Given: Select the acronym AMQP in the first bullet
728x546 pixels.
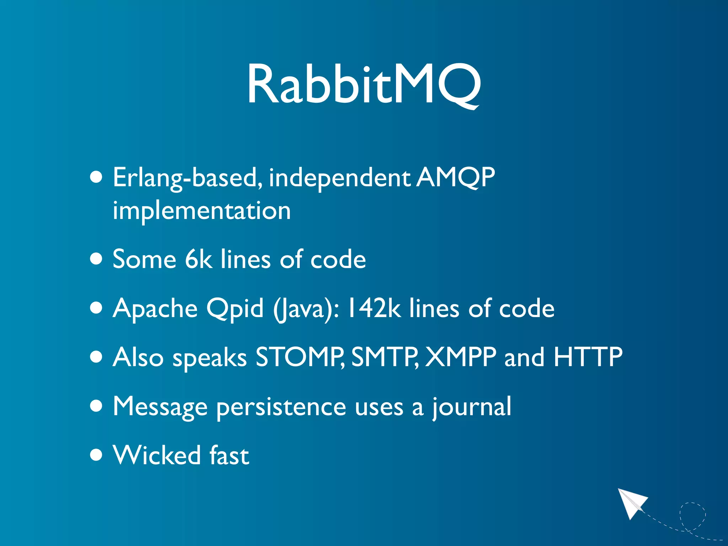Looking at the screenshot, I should coord(456,178).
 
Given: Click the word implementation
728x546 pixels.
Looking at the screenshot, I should coord(202,210).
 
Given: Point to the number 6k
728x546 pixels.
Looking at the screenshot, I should coord(198,259).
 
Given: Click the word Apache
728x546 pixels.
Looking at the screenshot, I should coord(155,308).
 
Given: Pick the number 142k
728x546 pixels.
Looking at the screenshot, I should coord(374,308).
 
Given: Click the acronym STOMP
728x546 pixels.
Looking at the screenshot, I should coord(299,357).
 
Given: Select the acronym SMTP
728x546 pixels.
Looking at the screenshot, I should coord(385,357).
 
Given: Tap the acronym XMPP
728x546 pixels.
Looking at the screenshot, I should coord(461,357).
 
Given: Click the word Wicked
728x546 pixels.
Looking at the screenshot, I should coord(157,455).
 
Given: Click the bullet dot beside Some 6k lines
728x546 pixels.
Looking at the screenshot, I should coord(96,259).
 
